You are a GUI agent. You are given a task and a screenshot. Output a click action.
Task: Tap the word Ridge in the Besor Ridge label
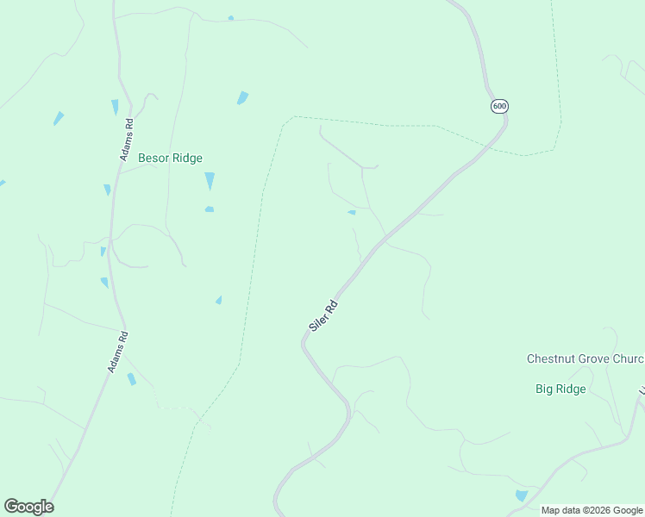186,158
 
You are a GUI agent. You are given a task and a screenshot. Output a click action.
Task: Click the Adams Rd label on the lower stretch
118,352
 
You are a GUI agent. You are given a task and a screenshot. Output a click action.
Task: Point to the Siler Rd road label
322,316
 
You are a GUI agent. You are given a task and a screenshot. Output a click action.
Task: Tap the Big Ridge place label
560,389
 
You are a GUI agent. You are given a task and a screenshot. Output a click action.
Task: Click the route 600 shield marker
500,106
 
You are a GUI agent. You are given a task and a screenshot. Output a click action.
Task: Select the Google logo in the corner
28,507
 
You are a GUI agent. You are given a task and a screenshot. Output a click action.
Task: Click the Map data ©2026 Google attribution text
591,510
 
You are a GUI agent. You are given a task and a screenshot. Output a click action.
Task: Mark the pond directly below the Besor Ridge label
210,181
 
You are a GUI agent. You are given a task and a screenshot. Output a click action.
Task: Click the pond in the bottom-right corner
521,495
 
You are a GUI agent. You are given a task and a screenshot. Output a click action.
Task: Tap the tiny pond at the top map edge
230,18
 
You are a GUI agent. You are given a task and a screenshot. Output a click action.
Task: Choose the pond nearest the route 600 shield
352,212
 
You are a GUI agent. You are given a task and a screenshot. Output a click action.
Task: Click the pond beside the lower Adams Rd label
131,379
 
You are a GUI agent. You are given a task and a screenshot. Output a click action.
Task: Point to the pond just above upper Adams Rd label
115,107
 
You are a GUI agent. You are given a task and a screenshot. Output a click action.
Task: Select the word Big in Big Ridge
544,389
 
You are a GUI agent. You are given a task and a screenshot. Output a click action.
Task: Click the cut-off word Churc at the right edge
629,358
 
